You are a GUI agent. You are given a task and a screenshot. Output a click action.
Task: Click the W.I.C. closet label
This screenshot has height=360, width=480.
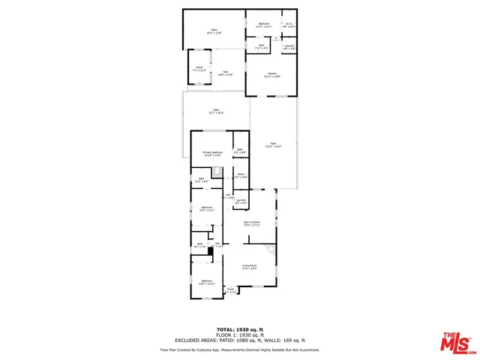[x=289, y=25]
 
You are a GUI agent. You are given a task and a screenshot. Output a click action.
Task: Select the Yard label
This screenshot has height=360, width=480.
[x=225, y=73]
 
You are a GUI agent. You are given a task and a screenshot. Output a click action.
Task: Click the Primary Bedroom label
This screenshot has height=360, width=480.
[x=212, y=153]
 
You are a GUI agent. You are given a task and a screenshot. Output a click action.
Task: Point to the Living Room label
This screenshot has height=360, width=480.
[x=250, y=267]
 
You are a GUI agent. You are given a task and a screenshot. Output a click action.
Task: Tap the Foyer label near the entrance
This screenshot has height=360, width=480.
[x=231, y=289]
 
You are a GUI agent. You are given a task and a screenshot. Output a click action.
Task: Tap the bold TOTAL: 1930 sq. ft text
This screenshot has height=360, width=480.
[x=239, y=329]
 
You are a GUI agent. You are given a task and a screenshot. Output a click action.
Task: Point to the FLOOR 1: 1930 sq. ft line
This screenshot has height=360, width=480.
[x=239, y=334]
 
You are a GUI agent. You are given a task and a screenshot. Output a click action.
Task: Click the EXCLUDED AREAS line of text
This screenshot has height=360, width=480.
[x=239, y=340]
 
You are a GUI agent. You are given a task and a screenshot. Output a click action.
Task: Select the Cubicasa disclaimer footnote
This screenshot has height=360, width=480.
[x=239, y=349]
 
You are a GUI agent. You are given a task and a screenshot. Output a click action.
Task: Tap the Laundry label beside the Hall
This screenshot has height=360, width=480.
[x=241, y=201]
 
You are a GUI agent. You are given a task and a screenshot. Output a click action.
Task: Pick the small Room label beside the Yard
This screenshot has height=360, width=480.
[x=199, y=69]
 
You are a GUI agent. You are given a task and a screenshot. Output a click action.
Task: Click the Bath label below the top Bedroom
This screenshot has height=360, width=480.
[x=262, y=46]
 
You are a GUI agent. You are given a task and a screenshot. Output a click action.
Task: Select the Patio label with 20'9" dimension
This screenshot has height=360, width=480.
[x=214, y=31]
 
